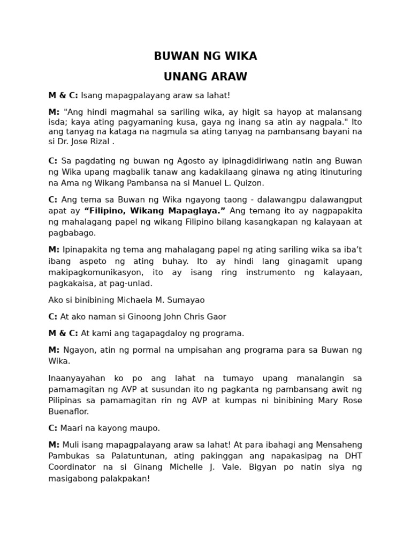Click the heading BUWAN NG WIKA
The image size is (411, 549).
coord(205,56)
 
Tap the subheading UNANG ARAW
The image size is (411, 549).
coord(205,77)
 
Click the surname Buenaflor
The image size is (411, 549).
coord(68,411)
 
